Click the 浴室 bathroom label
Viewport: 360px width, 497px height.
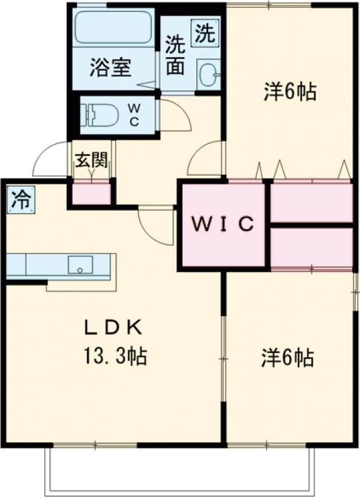(110, 67)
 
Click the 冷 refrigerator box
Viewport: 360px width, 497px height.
(21, 199)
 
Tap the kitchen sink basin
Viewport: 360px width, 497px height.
(80, 265)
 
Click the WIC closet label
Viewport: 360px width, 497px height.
(223, 224)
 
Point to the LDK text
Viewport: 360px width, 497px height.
(112, 328)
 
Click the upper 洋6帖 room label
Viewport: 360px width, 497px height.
(289, 92)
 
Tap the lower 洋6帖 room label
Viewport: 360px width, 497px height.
(287, 358)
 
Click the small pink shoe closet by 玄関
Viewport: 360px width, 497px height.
(92, 194)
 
